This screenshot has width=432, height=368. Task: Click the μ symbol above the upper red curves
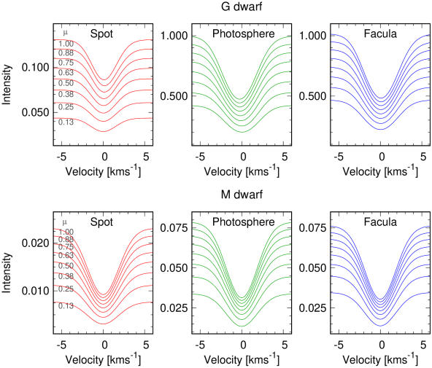tap(65, 32)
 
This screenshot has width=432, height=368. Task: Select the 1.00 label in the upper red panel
tap(66, 44)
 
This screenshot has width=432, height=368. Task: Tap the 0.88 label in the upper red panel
tap(66, 53)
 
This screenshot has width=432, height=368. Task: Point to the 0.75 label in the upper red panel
tap(66, 63)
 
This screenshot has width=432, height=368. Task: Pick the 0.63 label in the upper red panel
tap(66, 73)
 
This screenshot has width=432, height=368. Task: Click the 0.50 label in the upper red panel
tap(66, 83)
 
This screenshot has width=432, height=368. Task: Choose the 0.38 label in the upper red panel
tap(66, 95)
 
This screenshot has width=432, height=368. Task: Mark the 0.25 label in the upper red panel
tap(66, 107)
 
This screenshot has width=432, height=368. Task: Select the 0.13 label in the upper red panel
tap(66, 122)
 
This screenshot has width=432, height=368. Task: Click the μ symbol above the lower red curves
tap(65, 222)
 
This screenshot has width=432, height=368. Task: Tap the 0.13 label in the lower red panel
tap(66, 306)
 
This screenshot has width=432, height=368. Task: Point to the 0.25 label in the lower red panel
tap(66, 289)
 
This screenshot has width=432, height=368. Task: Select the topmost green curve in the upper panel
tap(280, 39)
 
